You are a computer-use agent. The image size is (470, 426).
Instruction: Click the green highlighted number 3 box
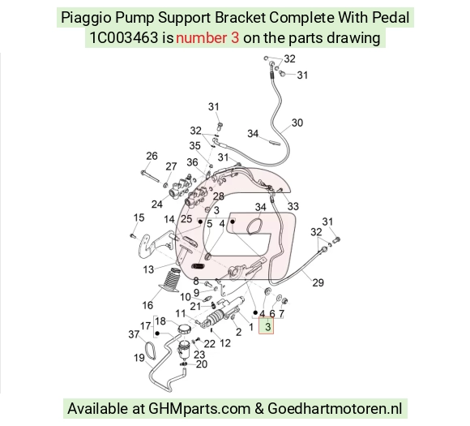click(x=266, y=326)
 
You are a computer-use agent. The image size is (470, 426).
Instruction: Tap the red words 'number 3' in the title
click(x=207, y=38)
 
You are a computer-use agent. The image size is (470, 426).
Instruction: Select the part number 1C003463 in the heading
click(x=124, y=38)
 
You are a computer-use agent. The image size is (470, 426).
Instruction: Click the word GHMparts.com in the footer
click(x=199, y=409)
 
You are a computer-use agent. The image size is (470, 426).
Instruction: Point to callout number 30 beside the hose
click(x=297, y=123)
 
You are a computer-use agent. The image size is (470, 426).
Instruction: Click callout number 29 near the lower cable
click(x=318, y=282)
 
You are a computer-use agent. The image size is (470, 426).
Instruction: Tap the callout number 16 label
click(x=147, y=305)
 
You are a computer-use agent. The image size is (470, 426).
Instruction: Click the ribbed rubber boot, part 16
click(x=170, y=280)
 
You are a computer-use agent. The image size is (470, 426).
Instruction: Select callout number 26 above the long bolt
click(x=152, y=156)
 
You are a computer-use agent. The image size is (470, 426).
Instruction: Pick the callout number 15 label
click(x=139, y=217)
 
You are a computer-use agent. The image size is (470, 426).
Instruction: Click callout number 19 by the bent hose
click(x=139, y=358)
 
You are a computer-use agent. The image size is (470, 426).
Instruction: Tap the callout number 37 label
click(x=134, y=334)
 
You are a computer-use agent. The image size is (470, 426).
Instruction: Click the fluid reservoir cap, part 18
click(x=183, y=329)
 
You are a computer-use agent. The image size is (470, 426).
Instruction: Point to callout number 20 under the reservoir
click(x=202, y=364)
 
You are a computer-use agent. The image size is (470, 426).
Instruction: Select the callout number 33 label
click(x=293, y=206)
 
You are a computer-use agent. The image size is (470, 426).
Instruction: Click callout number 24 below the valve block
click(x=156, y=204)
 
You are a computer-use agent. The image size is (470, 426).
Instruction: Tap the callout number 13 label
click(x=148, y=269)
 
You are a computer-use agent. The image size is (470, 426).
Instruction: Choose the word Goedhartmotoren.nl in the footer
click(x=335, y=409)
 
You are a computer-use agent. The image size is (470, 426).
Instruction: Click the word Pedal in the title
click(x=391, y=17)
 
